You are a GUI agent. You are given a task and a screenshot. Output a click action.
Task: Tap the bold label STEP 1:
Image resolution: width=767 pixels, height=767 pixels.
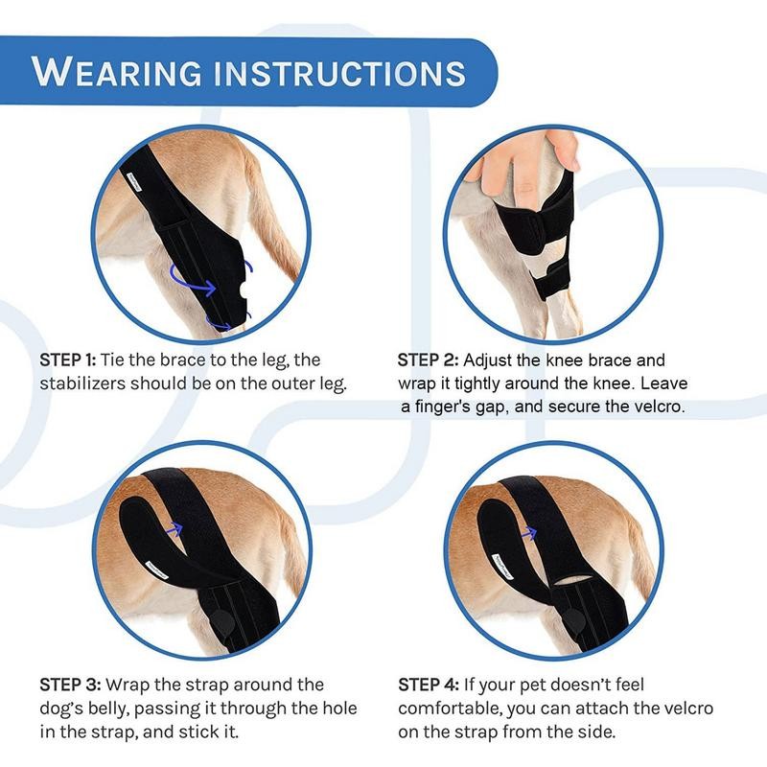(68, 360)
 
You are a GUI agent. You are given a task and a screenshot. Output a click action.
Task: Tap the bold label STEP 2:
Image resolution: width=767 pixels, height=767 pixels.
(427, 360)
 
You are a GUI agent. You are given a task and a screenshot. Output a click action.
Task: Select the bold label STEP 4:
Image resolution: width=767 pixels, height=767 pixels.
(429, 686)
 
